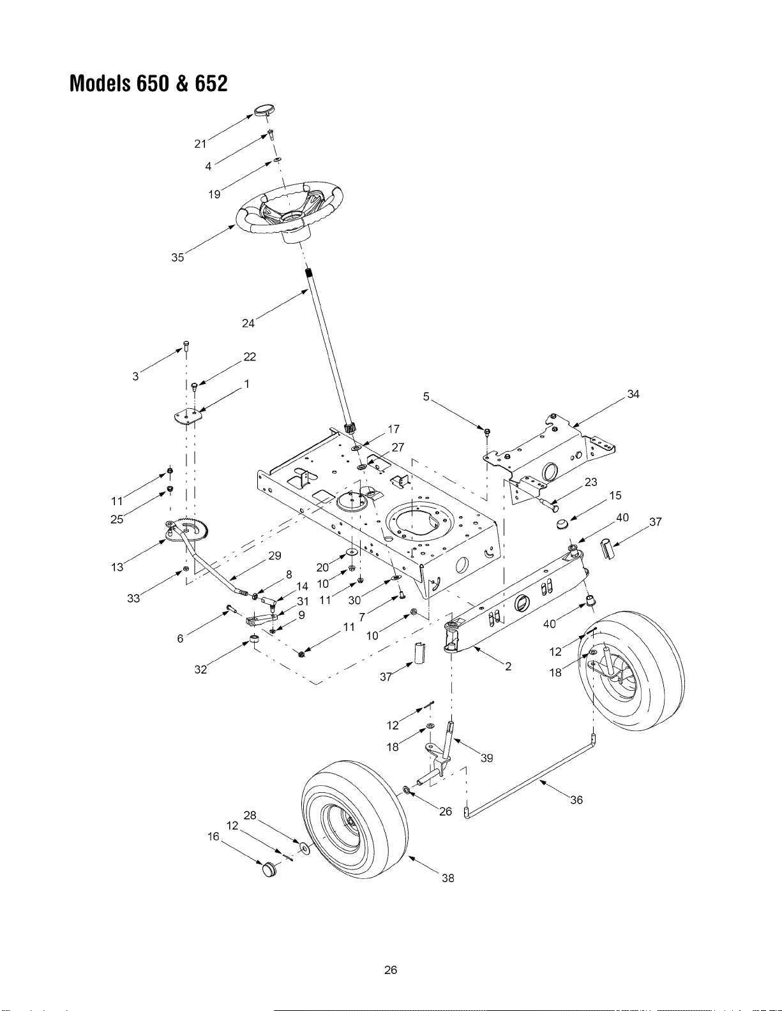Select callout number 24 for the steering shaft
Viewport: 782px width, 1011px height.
tap(248, 323)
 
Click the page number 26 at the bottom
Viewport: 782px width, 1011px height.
tap(391, 970)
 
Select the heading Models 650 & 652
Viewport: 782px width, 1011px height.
tap(149, 83)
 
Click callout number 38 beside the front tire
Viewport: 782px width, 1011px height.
tap(447, 878)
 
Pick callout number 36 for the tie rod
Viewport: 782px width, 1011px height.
tap(576, 800)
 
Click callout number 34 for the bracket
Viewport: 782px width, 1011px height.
tap(633, 394)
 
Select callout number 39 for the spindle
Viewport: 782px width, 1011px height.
tap(486, 758)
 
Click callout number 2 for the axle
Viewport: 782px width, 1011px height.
tap(508, 667)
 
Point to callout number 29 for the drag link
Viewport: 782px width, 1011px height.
tap(274, 556)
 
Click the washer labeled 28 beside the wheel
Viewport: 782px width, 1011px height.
tap(305, 848)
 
